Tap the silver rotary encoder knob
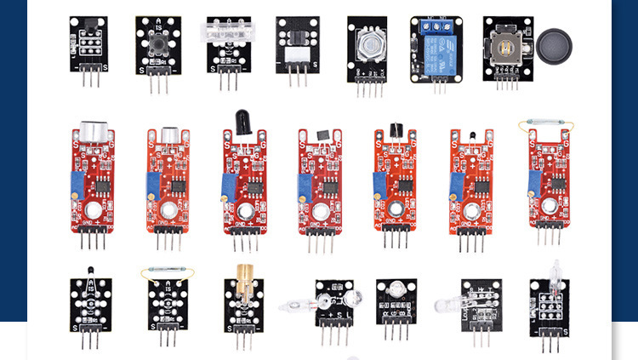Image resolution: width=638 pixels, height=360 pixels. (367, 43)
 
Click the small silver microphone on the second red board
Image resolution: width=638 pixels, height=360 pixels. (168, 134)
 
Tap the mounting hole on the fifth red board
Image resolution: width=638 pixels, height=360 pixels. (395, 209)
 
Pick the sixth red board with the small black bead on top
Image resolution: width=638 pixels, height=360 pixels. (469, 191)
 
